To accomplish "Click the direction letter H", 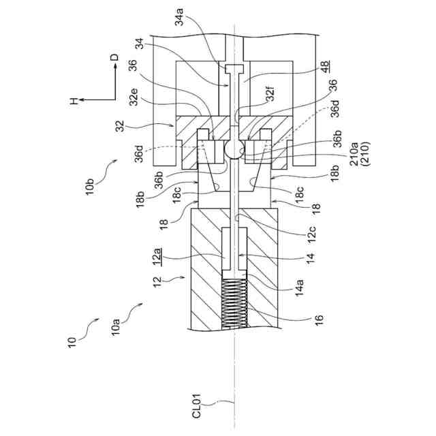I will (74, 101).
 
